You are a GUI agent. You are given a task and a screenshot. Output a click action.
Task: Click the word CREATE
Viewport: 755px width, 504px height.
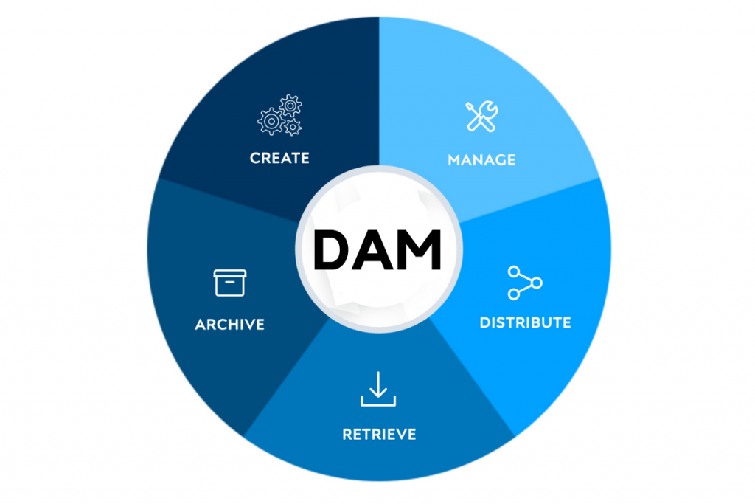(279, 158)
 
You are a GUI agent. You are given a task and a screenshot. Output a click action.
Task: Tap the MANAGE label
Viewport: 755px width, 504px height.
(481, 159)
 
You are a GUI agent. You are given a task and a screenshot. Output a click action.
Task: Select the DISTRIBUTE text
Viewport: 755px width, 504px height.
(525, 322)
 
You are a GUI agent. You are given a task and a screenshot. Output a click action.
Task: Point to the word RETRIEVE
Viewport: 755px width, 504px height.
(379, 434)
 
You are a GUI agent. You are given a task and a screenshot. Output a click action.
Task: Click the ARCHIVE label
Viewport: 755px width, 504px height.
(229, 325)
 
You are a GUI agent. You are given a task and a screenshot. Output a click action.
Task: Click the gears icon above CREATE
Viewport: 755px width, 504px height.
(279, 115)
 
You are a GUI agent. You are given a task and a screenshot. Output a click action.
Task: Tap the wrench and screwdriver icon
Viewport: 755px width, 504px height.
(481, 117)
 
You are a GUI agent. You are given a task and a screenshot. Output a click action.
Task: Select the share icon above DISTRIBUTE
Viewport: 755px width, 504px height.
(525, 283)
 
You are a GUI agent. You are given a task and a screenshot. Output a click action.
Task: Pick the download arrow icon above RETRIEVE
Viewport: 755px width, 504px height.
(378, 390)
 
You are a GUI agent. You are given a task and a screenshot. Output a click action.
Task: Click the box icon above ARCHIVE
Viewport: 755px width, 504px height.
(230, 283)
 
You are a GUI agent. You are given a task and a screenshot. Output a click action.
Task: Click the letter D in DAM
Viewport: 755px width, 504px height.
(330, 249)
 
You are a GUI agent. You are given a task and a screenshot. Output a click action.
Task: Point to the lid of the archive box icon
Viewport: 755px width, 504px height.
(230, 273)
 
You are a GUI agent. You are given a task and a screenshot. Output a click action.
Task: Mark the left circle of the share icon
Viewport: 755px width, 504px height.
(514, 283)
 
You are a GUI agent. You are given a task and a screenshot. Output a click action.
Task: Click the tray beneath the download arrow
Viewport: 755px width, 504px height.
(378, 401)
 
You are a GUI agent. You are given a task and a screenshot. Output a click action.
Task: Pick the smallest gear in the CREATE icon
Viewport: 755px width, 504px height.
(293, 128)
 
